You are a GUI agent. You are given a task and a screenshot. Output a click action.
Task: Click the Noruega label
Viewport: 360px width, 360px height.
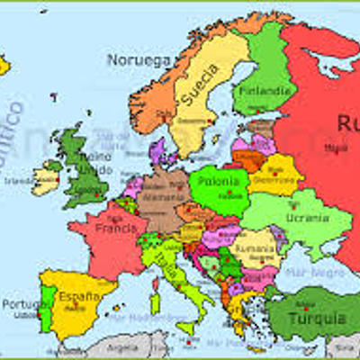coord(139,59)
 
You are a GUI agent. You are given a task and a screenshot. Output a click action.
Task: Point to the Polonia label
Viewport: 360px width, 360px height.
coord(220,180)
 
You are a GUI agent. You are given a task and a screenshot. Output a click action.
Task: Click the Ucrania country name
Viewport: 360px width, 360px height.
coord(306,217)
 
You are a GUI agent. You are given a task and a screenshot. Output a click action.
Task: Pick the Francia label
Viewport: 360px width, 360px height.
coord(114,228)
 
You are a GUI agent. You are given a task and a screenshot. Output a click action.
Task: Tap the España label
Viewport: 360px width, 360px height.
coord(79,294)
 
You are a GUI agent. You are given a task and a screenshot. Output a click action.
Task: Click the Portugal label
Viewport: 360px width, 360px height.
coord(21,304)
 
